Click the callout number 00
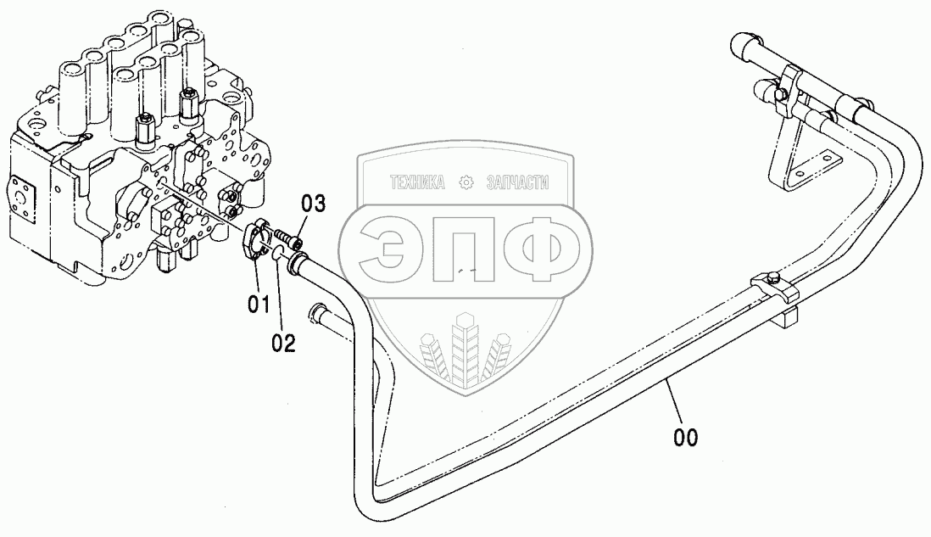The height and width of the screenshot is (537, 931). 686,437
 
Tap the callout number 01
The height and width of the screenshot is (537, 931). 259,303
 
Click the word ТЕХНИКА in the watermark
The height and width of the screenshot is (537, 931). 417,182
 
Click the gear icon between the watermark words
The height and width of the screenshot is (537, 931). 465,182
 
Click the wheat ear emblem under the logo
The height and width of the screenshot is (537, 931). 463,348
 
